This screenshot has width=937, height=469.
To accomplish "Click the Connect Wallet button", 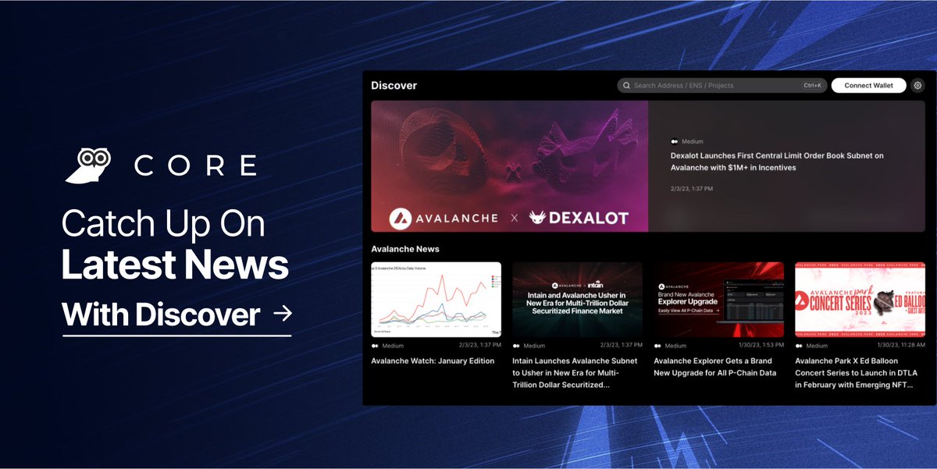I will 868,85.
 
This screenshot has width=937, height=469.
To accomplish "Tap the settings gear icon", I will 917,85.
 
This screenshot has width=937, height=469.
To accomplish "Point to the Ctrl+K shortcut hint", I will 812,85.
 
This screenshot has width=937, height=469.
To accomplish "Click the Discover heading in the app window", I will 394,85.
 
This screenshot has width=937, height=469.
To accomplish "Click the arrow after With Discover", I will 283,314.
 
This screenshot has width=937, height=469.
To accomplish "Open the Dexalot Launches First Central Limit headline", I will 776,162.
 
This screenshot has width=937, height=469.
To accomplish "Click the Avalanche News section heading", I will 405,249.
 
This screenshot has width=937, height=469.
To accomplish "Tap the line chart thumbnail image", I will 436,299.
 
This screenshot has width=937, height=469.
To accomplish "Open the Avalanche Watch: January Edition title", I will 433,361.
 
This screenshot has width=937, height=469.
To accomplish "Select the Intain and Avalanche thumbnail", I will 577,299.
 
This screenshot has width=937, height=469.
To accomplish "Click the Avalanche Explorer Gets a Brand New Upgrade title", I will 714,367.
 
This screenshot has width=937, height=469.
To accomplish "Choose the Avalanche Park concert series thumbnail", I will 860,299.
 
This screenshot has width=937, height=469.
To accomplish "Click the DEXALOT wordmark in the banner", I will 578,218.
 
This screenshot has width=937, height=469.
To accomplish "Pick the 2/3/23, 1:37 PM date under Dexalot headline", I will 691,188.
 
